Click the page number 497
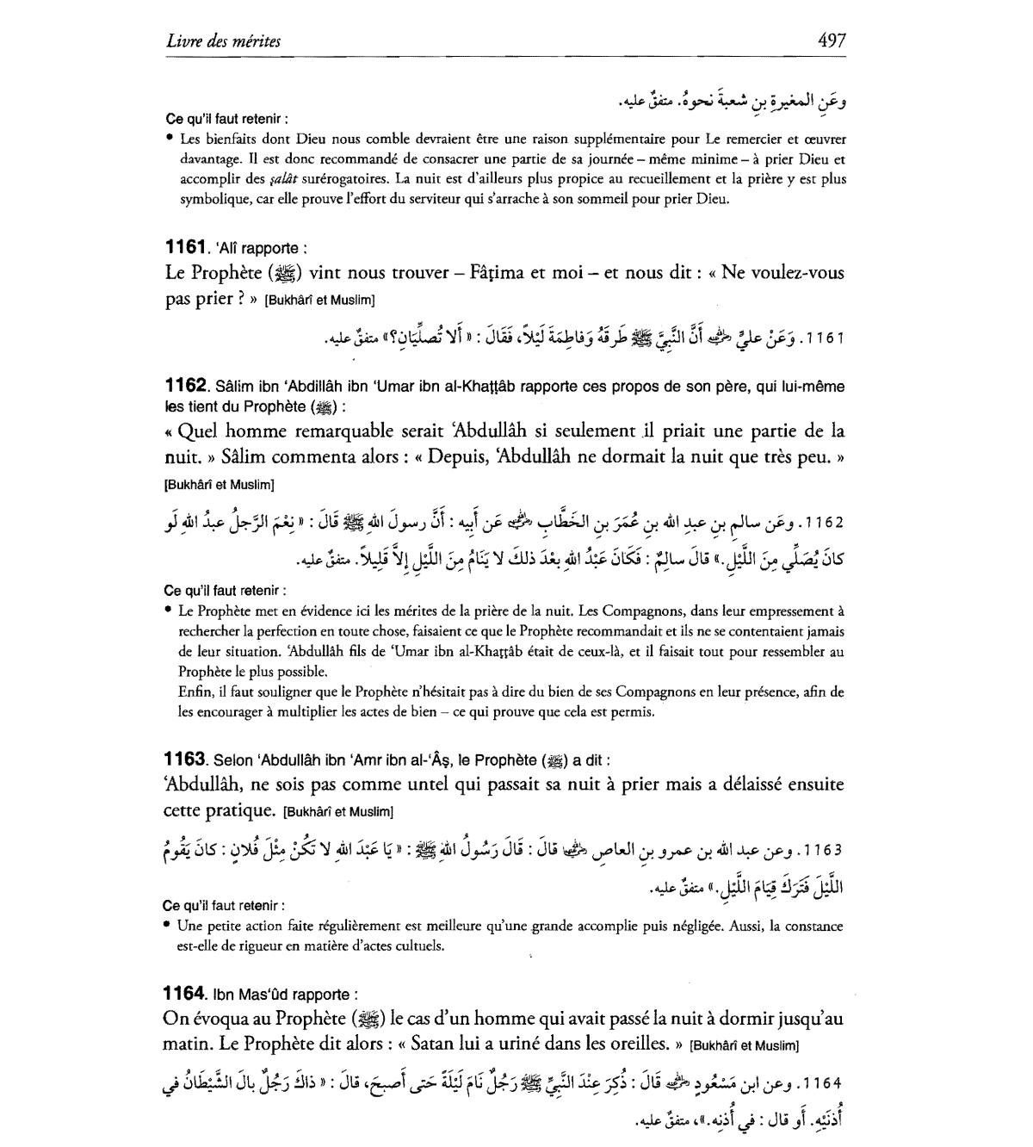click(832, 40)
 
